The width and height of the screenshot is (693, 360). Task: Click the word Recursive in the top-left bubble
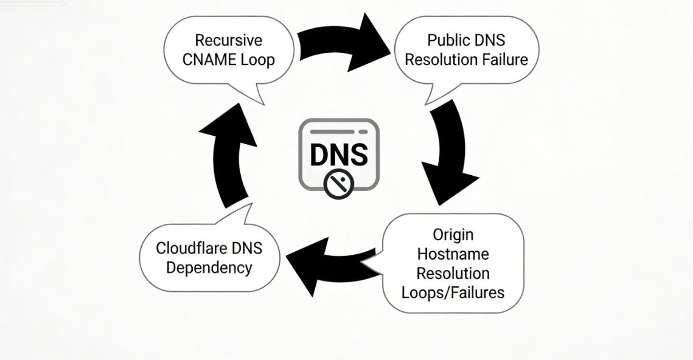click(x=228, y=41)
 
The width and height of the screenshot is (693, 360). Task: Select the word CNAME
click(x=214, y=60)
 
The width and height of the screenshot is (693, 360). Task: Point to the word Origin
click(x=453, y=234)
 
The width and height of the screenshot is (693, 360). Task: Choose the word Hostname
click(x=453, y=253)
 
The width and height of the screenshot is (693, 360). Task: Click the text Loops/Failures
click(x=453, y=292)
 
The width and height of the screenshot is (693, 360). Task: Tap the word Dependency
click(x=209, y=267)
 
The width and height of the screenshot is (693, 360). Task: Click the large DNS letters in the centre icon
click(x=339, y=154)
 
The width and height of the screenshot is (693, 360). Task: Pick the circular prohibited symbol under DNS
click(x=339, y=184)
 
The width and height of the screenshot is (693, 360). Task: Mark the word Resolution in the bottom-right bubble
click(x=453, y=272)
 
